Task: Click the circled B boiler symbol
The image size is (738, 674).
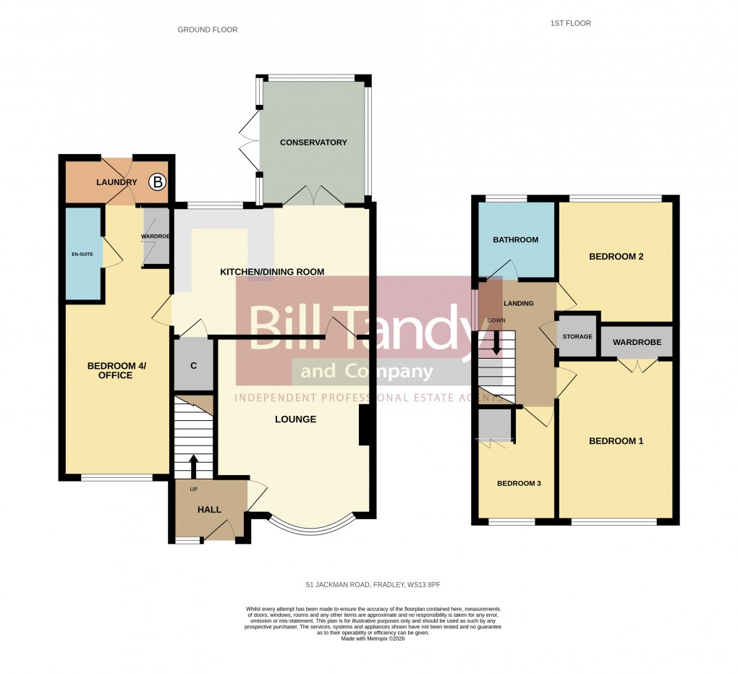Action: point(157,182)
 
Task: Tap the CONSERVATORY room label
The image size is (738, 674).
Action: point(313,142)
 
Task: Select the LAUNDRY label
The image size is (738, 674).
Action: point(116,182)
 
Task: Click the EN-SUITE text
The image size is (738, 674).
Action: point(82,254)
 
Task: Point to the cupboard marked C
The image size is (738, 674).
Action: point(193,365)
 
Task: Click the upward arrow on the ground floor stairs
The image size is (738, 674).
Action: point(193,464)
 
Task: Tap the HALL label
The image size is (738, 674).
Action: point(210,510)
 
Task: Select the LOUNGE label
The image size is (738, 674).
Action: point(295,419)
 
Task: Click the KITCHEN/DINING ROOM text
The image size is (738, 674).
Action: point(272,272)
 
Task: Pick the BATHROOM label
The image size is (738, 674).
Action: point(515,240)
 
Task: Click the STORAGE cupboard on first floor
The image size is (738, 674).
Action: point(577,337)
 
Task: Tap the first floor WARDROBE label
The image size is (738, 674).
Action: point(637,342)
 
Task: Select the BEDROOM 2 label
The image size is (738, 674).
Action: point(616,257)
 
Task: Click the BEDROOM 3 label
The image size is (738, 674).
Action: point(518,484)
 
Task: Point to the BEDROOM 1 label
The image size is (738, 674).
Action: point(616,441)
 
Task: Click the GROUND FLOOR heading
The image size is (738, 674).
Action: point(208,30)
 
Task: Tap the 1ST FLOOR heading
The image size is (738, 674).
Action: point(570,24)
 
